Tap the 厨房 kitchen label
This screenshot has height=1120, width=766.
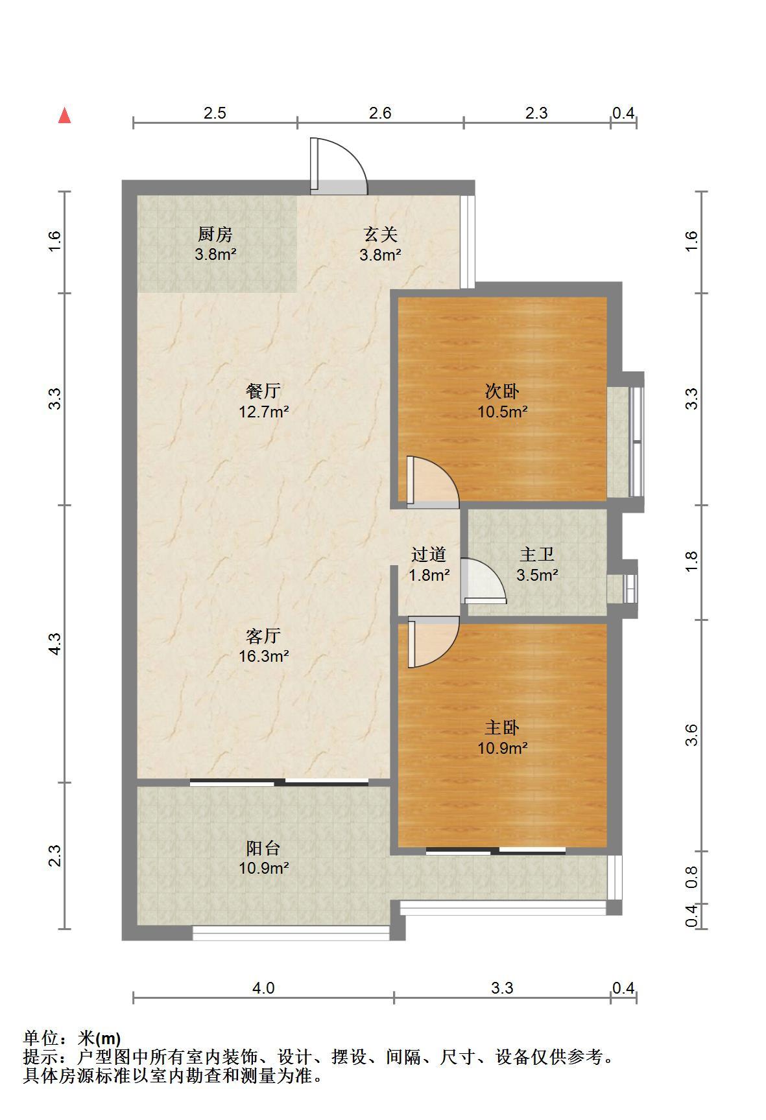(215, 233)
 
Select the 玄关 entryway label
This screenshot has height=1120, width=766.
(380, 233)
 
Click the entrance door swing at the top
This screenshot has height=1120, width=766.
(339, 166)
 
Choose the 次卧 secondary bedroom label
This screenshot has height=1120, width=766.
(502, 391)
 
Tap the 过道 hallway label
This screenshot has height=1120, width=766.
(429, 554)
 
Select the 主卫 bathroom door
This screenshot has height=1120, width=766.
(484, 581)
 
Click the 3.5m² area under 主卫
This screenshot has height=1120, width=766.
(537, 574)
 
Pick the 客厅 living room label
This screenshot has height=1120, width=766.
(263, 636)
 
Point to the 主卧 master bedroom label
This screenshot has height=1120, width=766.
(502, 728)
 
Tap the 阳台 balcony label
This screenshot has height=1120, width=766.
(263, 848)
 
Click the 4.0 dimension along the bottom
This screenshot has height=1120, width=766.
(263, 988)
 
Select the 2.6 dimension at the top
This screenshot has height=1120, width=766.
(380, 113)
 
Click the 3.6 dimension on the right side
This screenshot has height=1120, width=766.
(691, 735)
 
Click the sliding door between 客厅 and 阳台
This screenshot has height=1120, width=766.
(280, 782)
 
